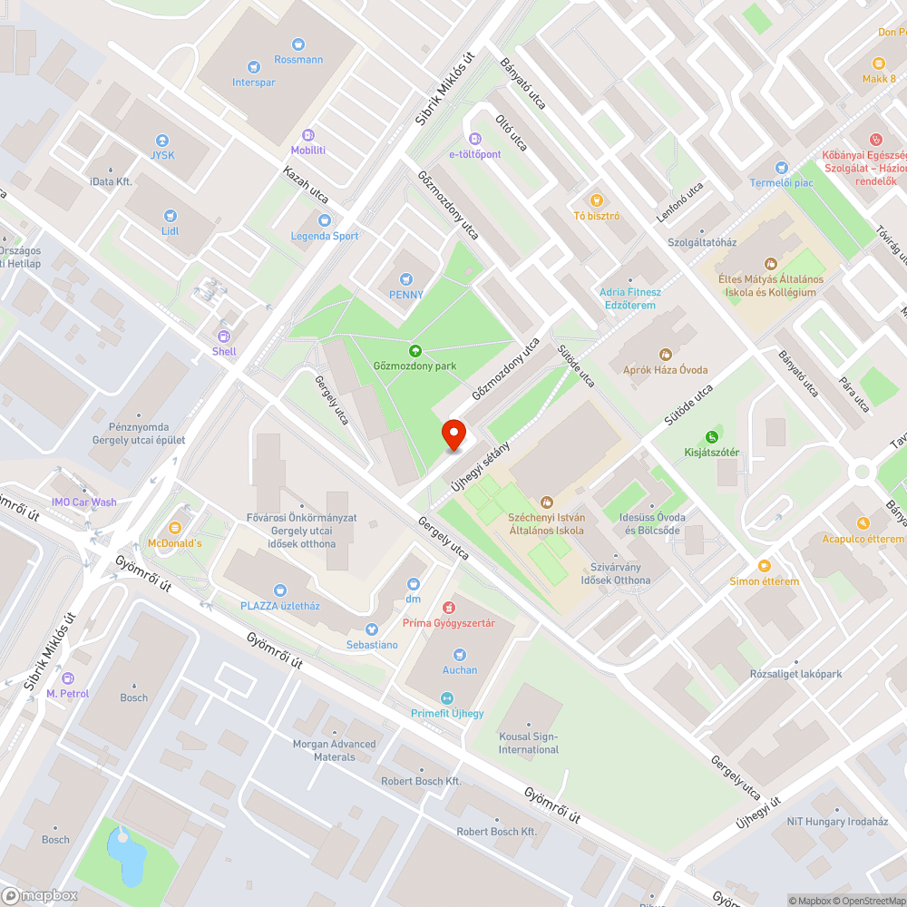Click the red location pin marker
(x=453, y=434)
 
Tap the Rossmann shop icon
(x=298, y=44)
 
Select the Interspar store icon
(x=253, y=65)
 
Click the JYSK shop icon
(x=162, y=141)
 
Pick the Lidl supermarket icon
(x=170, y=215)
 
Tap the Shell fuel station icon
(x=224, y=336)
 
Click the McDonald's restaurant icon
(x=175, y=527)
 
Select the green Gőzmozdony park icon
(x=414, y=350)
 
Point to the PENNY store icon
(x=405, y=278)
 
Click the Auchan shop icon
(x=460, y=654)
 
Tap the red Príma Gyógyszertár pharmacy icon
(x=447, y=607)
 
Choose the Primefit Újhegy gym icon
(x=446, y=697)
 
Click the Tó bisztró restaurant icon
(x=596, y=200)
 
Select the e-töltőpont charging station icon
(x=474, y=139)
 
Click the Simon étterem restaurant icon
(x=764, y=565)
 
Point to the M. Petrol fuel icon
(x=67, y=678)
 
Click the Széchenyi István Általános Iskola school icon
(x=546, y=502)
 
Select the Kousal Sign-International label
(x=529, y=743)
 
